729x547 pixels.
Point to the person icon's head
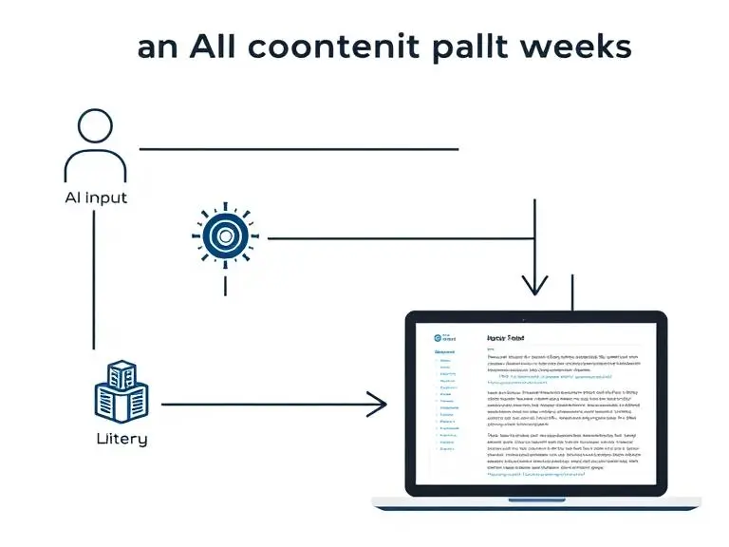(x=94, y=128)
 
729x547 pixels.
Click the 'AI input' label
(x=95, y=198)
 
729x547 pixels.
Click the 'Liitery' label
(x=121, y=439)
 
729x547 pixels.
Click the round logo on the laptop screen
(x=438, y=336)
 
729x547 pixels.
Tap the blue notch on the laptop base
(x=536, y=500)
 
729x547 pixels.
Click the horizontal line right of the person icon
(x=299, y=149)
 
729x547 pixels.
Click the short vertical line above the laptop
(x=572, y=293)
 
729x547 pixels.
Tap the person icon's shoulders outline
(x=95, y=165)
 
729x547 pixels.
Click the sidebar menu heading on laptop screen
(x=444, y=351)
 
